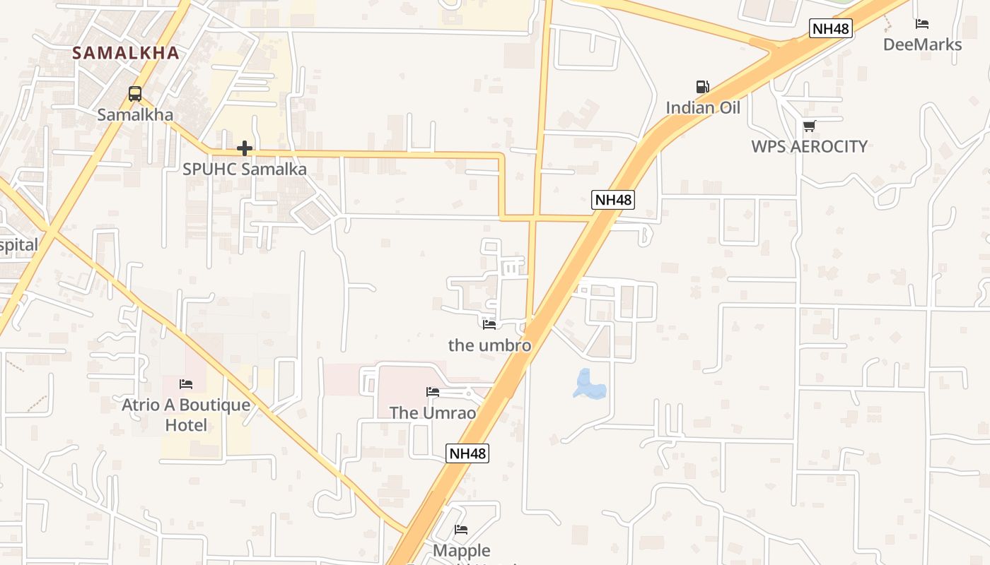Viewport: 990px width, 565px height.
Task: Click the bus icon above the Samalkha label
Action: pyautogui.click(x=134, y=93)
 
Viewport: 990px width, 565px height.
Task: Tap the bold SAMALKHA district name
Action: pyautogui.click(x=126, y=53)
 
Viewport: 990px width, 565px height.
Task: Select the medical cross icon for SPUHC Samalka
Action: pyautogui.click(x=245, y=148)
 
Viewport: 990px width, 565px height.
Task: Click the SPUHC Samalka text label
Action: pyautogui.click(x=245, y=169)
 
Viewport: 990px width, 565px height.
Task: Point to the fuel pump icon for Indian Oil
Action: pyautogui.click(x=702, y=87)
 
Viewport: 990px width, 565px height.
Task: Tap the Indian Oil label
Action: pyautogui.click(x=703, y=108)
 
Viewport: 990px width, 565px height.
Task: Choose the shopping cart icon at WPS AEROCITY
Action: pyautogui.click(x=809, y=126)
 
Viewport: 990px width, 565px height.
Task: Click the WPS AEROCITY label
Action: pyautogui.click(x=809, y=146)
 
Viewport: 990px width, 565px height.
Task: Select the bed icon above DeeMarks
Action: pyautogui.click(x=922, y=24)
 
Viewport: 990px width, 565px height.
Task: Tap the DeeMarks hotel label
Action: pyautogui.click(x=922, y=44)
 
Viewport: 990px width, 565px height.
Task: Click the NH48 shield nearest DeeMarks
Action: pyautogui.click(x=831, y=28)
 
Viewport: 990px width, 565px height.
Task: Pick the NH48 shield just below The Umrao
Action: pyautogui.click(x=467, y=453)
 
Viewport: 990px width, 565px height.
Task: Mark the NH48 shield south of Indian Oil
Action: pyautogui.click(x=613, y=200)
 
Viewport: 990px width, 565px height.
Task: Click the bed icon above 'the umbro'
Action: pyautogui.click(x=489, y=324)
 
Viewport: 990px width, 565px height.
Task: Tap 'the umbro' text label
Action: pyautogui.click(x=489, y=345)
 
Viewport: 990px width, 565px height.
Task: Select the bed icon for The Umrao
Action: pyautogui.click(x=433, y=392)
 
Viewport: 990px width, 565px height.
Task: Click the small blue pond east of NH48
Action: pyautogui.click(x=589, y=386)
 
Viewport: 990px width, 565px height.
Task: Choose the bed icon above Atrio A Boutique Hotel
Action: pyautogui.click(x=186, y=384)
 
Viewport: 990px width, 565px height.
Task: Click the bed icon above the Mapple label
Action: pyautogui.click(x=461, y=530)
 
